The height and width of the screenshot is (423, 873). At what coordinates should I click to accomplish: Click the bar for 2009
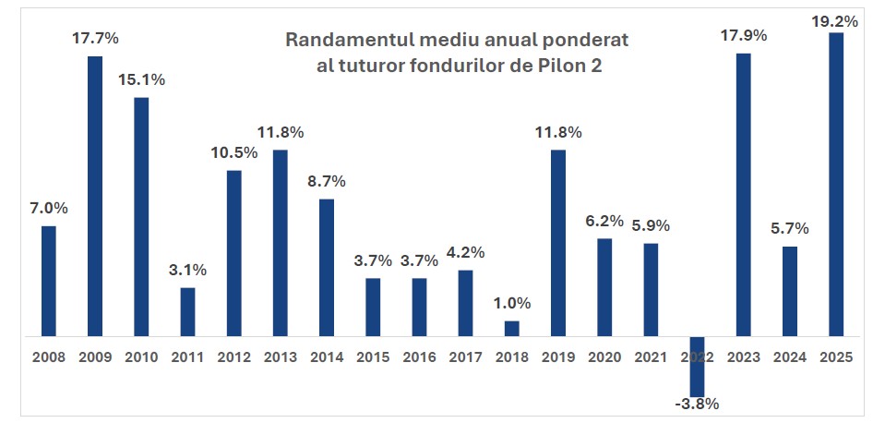(95, 196)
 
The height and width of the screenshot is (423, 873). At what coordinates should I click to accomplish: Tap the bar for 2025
(836, 185)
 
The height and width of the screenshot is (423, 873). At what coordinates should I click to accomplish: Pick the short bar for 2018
(511, 329)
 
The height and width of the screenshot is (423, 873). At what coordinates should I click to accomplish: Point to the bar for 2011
(187, 312)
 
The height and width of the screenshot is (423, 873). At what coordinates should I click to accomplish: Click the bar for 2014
(327, 268)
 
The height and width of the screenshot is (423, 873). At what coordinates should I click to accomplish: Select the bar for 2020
(604, 287)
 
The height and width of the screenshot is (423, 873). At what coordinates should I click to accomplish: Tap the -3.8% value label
(697, 403)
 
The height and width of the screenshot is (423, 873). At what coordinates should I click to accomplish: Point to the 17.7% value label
(95, 39)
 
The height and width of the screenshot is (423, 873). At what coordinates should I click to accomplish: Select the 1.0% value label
(511, 303)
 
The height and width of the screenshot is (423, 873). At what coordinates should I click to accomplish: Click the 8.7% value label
(327, 182)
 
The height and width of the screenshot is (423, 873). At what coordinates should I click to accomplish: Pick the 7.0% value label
(49, 209)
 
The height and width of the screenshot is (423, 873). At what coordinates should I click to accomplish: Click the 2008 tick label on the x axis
(49, 356)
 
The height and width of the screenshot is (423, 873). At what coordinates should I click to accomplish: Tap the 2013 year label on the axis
(281, 356)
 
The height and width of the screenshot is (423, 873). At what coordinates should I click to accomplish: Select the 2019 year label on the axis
(558, 356)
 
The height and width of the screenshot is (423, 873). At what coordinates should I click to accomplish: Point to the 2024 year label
(790, 356)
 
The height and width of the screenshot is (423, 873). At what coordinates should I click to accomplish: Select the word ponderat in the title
(584, 41)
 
